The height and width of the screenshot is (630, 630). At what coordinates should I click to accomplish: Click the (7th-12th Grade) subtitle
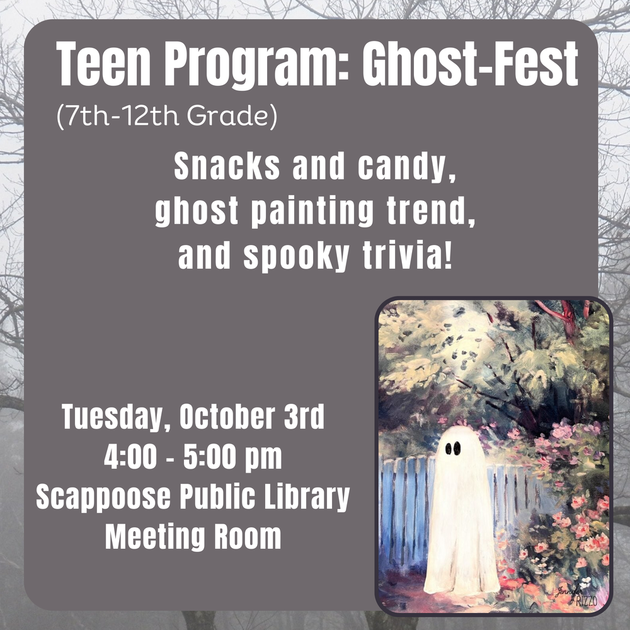click(166, 117)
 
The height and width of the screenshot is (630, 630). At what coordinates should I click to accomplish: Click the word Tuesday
click(112, 418)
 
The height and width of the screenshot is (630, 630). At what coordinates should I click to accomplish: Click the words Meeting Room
click(193, 537)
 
